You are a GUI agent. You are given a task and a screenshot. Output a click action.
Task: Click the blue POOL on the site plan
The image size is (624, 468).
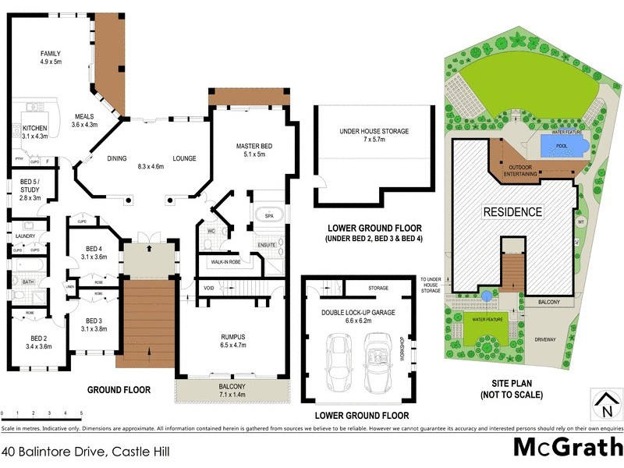pyautogui.click(x=558, y=145)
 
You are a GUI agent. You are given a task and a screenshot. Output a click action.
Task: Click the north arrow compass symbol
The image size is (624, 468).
pyautogui.click(x=604, y=406)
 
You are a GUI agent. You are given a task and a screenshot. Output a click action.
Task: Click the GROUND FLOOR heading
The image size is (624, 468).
pyautogui.click(x=119, y=389)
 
